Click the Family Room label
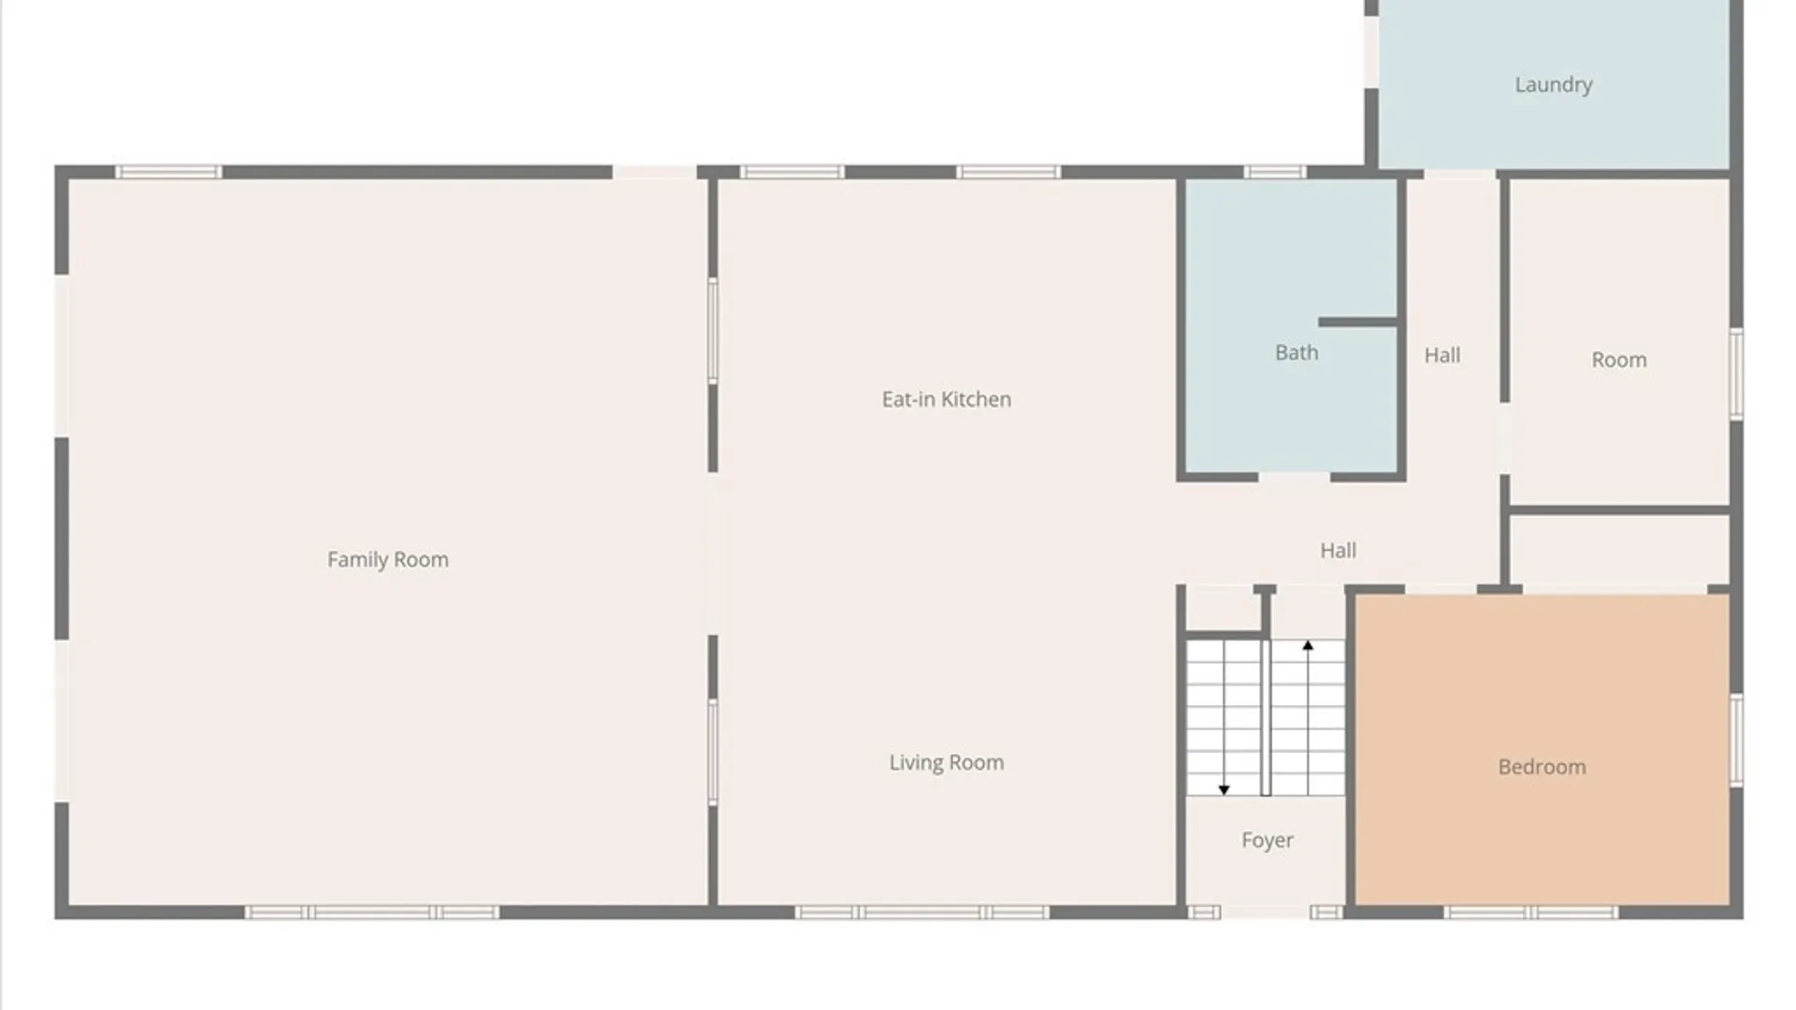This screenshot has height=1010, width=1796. coord(387,559)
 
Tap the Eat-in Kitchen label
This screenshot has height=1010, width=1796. coord(946,399)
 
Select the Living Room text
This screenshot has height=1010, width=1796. coord(946,762)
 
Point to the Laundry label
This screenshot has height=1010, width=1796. coord(1553,85)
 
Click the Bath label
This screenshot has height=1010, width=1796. coord(1296,353)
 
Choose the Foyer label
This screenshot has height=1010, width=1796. coord(1267,840)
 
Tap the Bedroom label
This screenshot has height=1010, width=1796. coord(1542,767)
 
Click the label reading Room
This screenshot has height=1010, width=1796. coord(1618,360)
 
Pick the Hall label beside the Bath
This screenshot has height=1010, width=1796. coord(1441,355)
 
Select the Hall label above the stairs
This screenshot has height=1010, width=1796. coord(1338,551)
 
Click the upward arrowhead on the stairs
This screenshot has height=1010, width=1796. coord(1308,645)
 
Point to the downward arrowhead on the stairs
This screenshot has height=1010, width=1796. coord(1224,790)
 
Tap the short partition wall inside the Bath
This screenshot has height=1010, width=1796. coord(1358,322)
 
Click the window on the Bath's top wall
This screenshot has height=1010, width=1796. coord(1274,172)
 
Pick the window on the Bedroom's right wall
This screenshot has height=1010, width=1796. coord(1736,740)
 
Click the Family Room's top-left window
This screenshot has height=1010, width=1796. coord(168,172)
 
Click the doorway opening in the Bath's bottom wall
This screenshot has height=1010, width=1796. coord(1294,478)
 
